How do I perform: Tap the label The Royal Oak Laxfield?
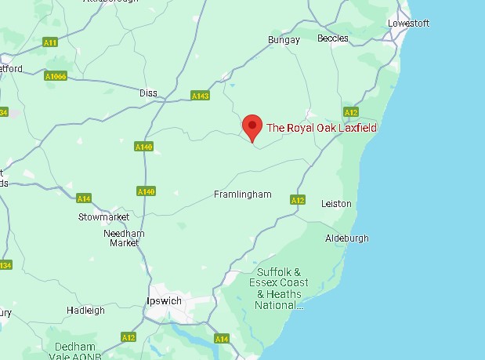[321, 128]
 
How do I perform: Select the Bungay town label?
[284, 39]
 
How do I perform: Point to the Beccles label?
[333, 38]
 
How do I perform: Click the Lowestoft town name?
[408, 23]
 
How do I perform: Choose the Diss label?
[148, 93]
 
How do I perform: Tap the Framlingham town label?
[243, 194]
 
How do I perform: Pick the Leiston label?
[336, 203]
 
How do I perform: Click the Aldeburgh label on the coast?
[346, 238]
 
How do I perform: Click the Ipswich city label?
[165, 301]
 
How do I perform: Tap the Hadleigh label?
[85, 311]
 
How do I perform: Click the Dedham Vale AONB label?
[74, 351]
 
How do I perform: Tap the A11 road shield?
[51, 42]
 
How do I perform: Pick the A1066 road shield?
[56, 76]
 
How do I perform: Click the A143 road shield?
[201, 96]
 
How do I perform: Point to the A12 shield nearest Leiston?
[297, 200]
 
